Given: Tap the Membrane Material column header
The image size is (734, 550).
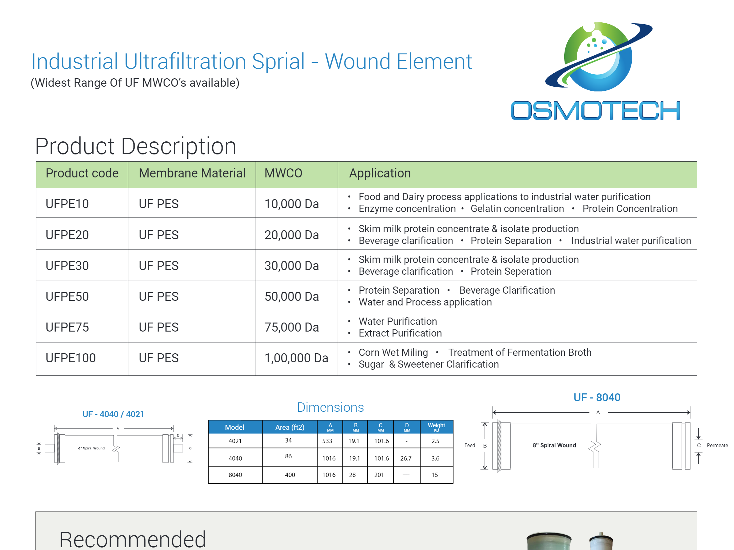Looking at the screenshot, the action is point(192,173).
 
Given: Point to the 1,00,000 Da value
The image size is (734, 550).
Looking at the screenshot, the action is point(296,358).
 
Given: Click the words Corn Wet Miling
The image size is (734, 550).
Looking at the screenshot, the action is point(393,352).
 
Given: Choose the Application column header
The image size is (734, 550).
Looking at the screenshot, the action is point(380,173).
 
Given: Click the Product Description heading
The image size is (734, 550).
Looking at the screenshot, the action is point(136,146).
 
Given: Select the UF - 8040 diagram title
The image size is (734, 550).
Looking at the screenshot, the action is point(597,397).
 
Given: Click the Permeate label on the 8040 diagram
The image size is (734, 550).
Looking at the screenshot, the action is point(718,446).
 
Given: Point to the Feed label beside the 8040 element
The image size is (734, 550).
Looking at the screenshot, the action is point(470,446).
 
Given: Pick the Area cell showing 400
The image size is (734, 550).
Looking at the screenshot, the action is point(290,475).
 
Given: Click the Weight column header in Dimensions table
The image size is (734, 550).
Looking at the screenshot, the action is point(436,427).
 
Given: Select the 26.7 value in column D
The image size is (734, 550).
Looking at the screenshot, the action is point(406,458).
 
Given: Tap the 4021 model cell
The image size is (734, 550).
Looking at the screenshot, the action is point(235,441).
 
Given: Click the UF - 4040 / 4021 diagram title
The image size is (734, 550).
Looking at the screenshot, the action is point(113,414).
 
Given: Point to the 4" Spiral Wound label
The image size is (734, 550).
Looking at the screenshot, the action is point(91,448).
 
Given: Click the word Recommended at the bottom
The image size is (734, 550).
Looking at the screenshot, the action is point(132,539).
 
